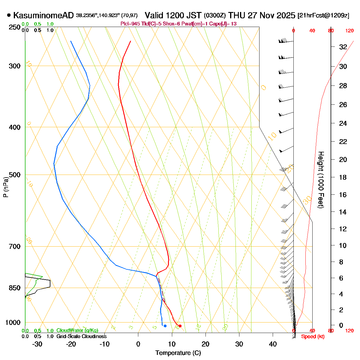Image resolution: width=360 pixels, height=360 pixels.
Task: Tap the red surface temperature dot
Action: click(x=180, y=326)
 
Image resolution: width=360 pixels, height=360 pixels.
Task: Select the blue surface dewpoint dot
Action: click(x=165, y=326)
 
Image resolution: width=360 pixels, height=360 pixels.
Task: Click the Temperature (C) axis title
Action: click(x=178, y=353)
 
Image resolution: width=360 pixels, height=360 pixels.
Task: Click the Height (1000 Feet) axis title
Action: click(x=321, y=180)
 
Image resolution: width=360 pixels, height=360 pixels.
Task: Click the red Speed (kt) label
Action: click(x=313, y=337)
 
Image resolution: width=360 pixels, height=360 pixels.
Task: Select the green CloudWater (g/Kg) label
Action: click(x=77, y=331)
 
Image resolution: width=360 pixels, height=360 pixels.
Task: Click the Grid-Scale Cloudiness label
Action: click(x=81, y=337)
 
